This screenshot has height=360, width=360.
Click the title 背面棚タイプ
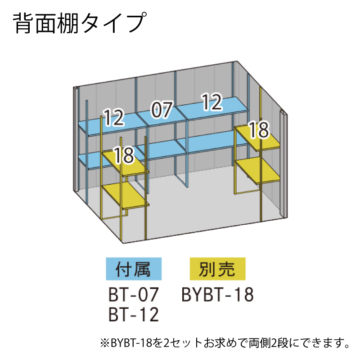[x=80, y=23]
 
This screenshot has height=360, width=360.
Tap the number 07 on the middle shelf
[x=162, y=110]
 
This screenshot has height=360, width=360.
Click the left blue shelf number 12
[x=114, y=117]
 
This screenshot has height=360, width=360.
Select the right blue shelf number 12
[x=211, y=102]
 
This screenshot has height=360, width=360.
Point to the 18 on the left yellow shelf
[x=124, y=155]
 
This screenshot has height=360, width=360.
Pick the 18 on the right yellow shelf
[x=259, y=130]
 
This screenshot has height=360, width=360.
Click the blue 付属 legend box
[x=134, y=269]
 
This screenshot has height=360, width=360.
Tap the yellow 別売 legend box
[x=217, y=269]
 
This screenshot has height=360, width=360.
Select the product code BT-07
[x=134, y=294]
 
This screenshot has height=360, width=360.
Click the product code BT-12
[x=134, y=314]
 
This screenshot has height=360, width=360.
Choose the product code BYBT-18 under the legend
[x=217, y=294]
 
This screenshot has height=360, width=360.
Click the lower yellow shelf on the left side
[x=125, y=196]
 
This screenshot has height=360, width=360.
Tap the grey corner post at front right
[x=283, y=164]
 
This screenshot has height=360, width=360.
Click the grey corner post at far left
[x=76, y=139]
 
